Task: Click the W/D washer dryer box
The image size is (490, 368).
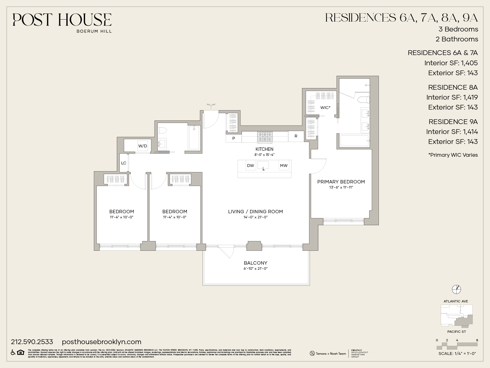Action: coord(143,146)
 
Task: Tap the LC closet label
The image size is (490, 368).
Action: coord(124,163)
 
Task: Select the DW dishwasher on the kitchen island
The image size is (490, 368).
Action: coord(250,166)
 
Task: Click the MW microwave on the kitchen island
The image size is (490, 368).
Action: coord(284,166)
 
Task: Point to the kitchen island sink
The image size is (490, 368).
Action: coord(263,165)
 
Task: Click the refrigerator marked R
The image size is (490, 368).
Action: coord(296,136)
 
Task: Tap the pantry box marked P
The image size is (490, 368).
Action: coord(234,138)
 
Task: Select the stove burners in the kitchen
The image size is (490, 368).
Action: coord(265,137)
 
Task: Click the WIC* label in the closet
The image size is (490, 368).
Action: coord(325,108)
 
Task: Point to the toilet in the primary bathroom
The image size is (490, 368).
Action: coord(364,100)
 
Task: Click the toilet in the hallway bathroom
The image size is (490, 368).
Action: coord(163,131)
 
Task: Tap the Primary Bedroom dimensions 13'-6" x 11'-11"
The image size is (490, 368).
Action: coord(341,187)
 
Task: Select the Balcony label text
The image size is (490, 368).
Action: coord(255,263)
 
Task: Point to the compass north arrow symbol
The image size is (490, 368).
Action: coord(456,289)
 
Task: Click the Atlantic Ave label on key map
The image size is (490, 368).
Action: coord(456,301)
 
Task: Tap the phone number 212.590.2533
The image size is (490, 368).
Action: coord(32,342)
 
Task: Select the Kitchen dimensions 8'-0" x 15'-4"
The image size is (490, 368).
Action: coord(264,155)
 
